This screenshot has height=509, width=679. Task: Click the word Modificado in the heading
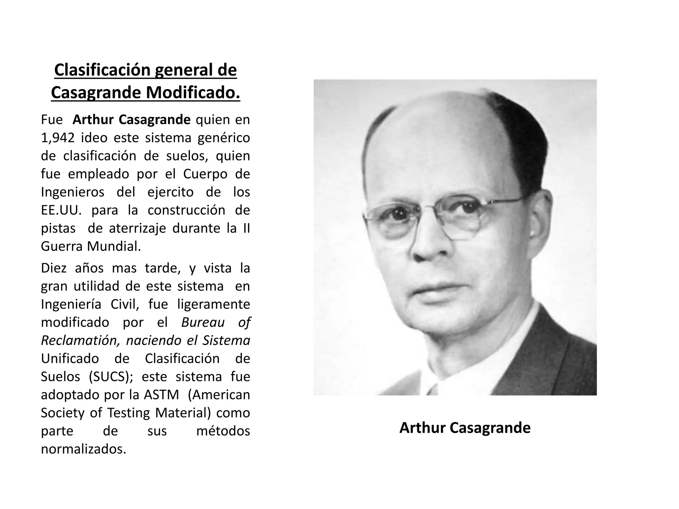coord(193,92)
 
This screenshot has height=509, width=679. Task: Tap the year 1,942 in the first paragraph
coord(57,138)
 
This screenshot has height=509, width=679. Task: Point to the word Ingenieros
coord(73,192)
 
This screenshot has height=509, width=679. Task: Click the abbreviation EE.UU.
coord(61,210)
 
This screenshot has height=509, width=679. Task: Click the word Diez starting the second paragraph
coord(54,268)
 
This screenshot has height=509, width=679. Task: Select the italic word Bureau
coord(203,322)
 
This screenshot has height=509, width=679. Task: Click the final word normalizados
coord(84,449)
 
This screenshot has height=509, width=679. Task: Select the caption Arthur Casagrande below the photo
coord(465,428)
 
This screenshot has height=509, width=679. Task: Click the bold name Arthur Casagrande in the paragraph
coord(131,120)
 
